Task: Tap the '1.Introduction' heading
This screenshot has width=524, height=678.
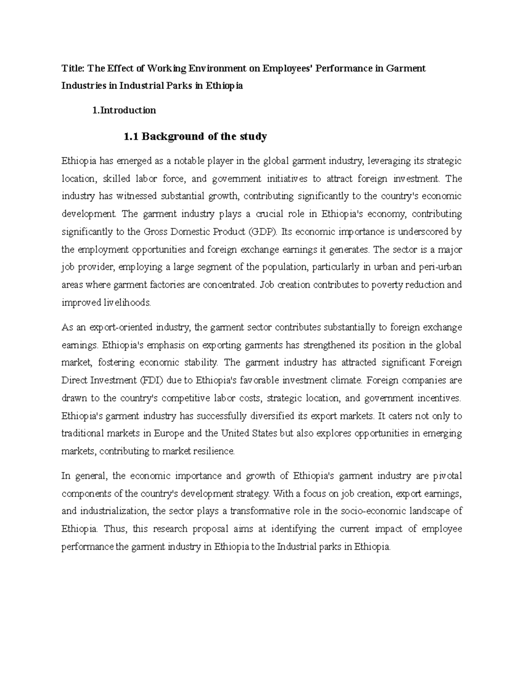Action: pos(124,110)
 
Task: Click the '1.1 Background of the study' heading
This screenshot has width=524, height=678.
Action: pos(195,137)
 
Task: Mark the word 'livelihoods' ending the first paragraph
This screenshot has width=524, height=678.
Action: pos(130,303)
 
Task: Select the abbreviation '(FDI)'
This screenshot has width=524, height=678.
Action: pos(152,380)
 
